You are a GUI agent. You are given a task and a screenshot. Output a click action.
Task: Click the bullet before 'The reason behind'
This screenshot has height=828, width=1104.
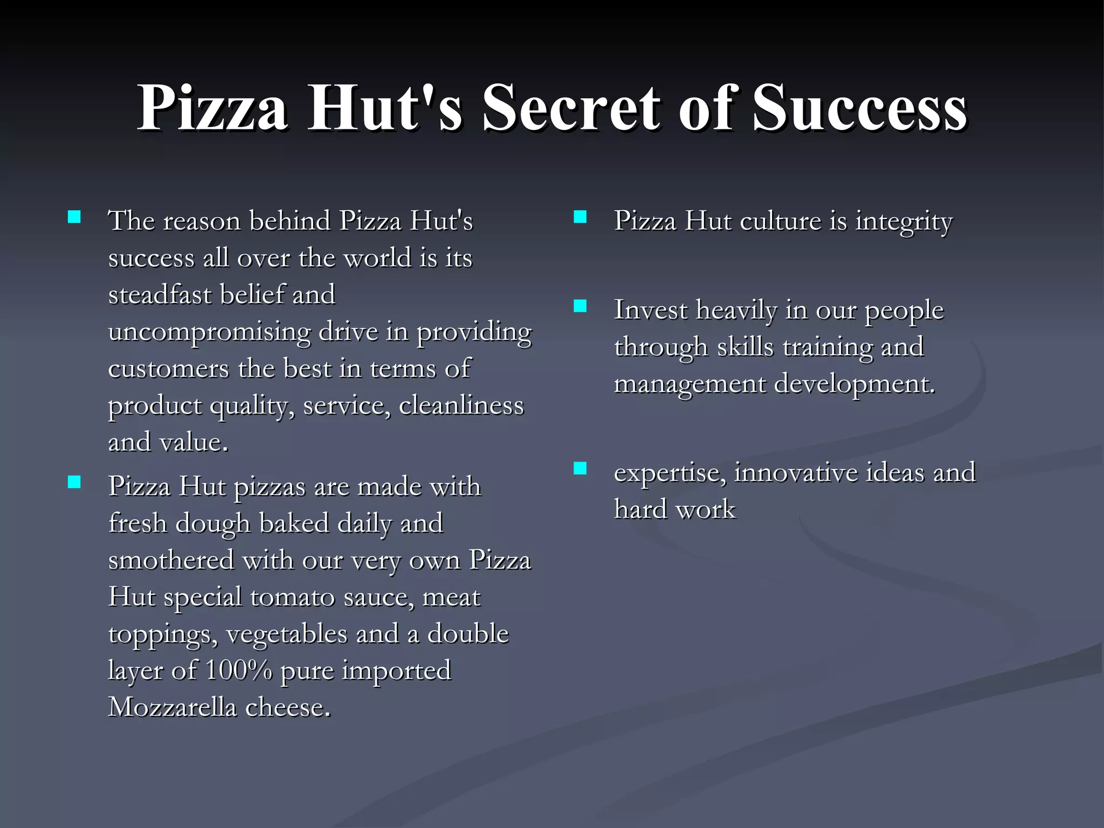coord(74,217)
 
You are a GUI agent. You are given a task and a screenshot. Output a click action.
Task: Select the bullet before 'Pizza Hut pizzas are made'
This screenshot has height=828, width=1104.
coord(74,481)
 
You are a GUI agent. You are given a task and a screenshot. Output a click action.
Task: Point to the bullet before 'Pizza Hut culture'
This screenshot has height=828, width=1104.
coord(580,217)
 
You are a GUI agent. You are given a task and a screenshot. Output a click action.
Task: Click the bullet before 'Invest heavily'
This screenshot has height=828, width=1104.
coord(580,306)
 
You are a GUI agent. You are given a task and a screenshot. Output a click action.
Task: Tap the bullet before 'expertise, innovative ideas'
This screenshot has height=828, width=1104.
coord(580,468)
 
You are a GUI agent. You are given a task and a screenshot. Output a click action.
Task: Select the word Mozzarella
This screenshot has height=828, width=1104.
coord(172,707)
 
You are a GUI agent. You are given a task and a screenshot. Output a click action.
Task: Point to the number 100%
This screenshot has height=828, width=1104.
coord(239,671)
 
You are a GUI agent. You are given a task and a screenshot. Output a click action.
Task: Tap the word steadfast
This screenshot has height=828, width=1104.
coord(160,295)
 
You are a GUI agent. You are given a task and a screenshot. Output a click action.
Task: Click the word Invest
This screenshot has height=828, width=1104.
coord(651,310)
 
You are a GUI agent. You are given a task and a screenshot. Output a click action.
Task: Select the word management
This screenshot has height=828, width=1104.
coord(690,385)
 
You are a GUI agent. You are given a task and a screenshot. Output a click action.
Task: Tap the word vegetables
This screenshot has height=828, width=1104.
coord(287,634)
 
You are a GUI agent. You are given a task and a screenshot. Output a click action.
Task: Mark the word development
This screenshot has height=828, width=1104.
coord(854,385)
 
